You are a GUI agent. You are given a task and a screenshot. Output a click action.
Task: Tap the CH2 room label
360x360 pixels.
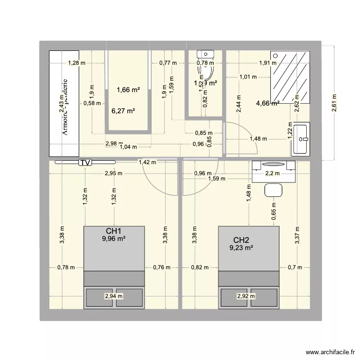point(241,240)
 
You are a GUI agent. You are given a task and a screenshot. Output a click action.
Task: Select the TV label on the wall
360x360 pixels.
point(85,163)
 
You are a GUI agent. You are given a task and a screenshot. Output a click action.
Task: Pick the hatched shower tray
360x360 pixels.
point(290,77)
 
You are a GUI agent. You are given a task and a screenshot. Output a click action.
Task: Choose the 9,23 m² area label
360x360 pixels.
point(241,248)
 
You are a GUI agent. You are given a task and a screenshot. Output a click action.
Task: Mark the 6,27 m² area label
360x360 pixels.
point(123,110)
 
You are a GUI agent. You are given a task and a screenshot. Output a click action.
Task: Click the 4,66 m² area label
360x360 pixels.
point(268,103)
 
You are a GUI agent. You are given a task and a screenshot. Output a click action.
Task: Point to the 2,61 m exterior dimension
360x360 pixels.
point(335,102)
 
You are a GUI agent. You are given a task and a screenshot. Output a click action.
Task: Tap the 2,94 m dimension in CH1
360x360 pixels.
point(114,296)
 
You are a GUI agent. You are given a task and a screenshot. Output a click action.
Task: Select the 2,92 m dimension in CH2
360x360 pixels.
point(246,296)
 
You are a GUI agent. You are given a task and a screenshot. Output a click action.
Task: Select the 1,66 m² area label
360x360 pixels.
point(128,89)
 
